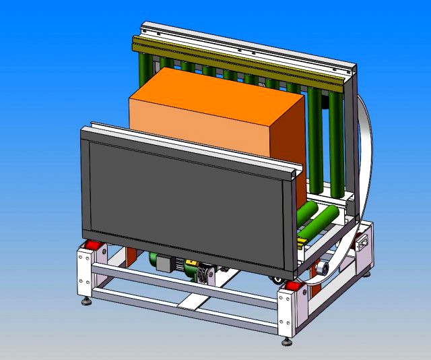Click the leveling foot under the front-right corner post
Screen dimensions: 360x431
[x=286, y=342]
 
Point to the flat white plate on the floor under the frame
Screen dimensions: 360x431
[x=192, y=301]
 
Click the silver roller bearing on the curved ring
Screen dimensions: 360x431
[x=322, y=268]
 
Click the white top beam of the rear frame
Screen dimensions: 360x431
[x=242, y=44]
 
